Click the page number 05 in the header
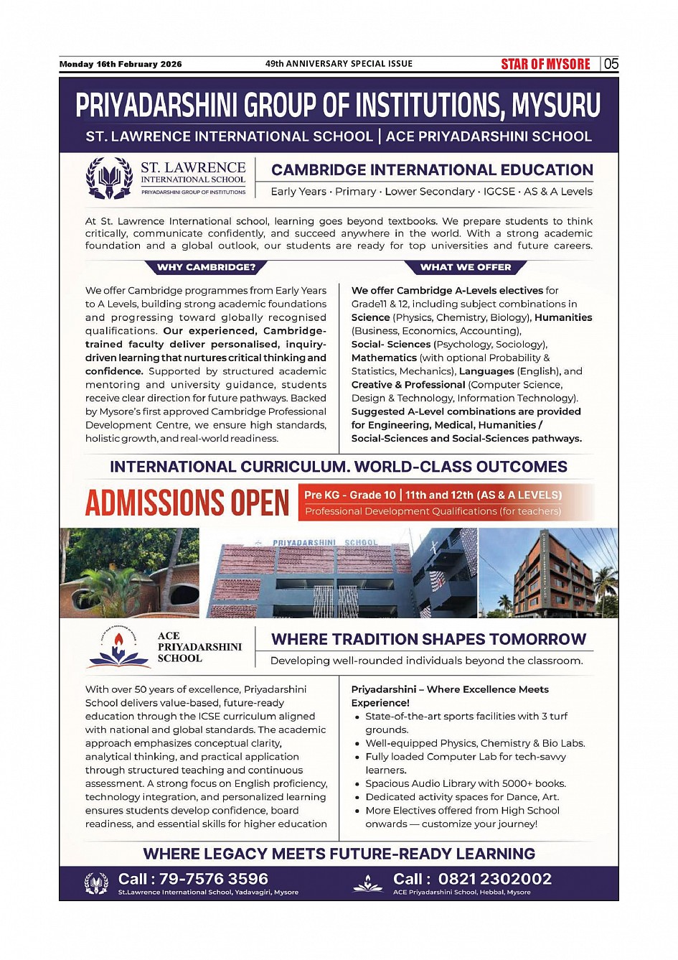pyautogui.click(x=611, y=64)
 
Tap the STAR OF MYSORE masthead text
pyautogui.click(x=545, y=64)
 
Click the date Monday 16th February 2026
pyautogui.click(x=121, y=64)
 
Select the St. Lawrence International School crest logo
pyautogui.click(x=109, y=177)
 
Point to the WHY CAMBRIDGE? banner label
pyautogui.click(x=206, y=267)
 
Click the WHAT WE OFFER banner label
pyautogui.click(x=466, y=267)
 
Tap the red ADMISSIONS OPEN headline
pyautogui.click(x=187, y=502)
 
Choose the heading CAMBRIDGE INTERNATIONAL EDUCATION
pyautogui.click(x=432, y=170)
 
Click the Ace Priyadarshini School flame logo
pyautogui.click(x=119, y=648)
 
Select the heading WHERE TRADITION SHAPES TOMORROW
pyautogui.click(x=428, y=639)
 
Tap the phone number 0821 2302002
pyautogui.click(x=494, y=879)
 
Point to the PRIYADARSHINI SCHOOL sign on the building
pyautogui.click(x=325, y=543)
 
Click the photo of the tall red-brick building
pyautogui.click(x=547, y=573)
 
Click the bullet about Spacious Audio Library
pyautogui.click(x=465, y=783)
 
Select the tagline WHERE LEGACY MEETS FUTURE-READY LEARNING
pyautogui.click(x=339, y=854)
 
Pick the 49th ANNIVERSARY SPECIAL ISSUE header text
pyautogui.click(x=339, y=64)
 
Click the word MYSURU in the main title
pyautogui.click(x=556, y=106)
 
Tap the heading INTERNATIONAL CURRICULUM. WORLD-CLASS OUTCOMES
pyautogui.click(x=339, y=467)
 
